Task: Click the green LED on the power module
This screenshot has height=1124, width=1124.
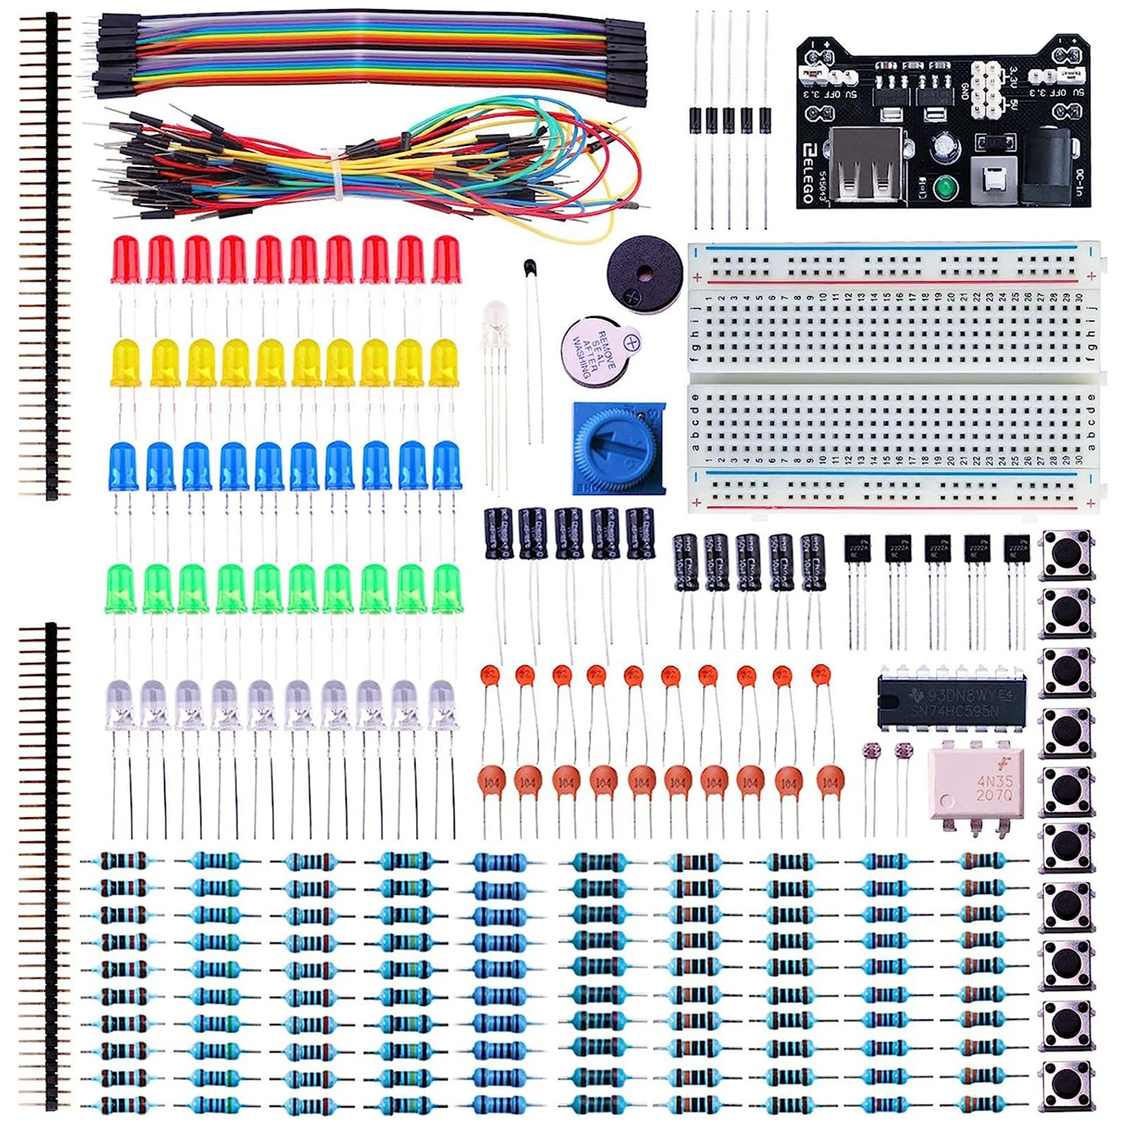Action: pyautogui.click(x=944, y=186)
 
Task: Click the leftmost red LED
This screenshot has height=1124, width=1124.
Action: pyautogui.click(x=125, y=259)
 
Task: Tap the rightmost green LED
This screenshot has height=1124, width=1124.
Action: pyautogui.click(x=447, y=588)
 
